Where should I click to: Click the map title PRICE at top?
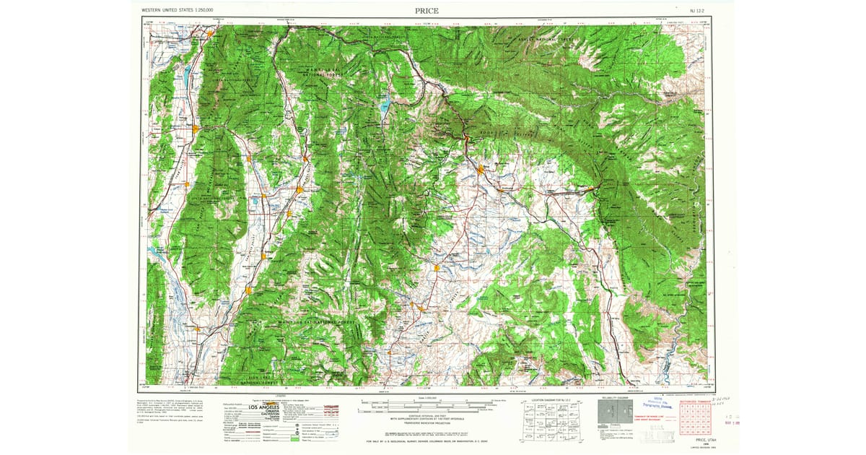click(x=426, y=11)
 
